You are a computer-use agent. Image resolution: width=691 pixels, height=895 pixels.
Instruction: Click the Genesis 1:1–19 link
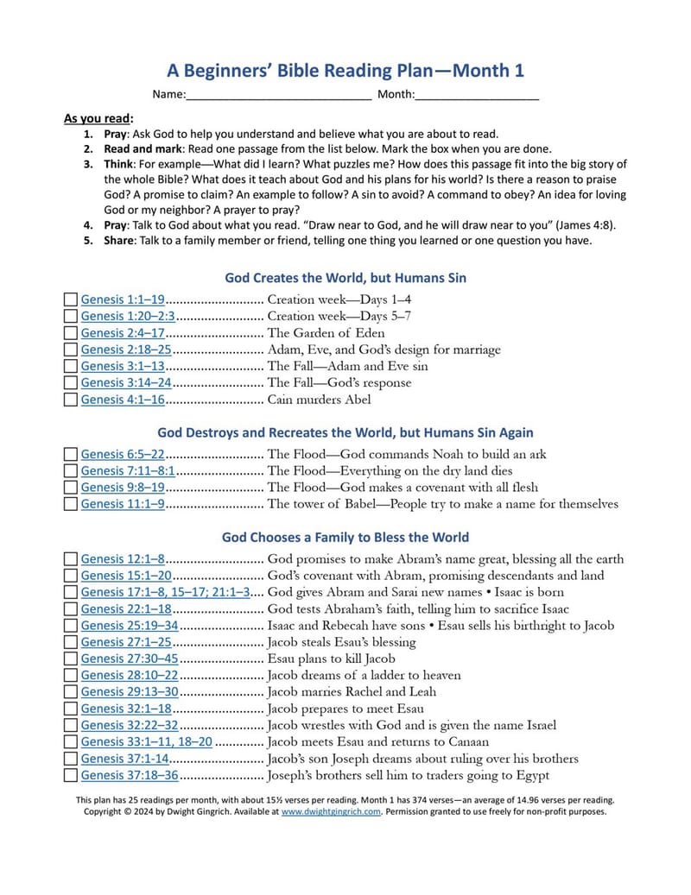[123, 299]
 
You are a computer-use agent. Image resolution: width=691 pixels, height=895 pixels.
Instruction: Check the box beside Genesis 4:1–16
[71, 400]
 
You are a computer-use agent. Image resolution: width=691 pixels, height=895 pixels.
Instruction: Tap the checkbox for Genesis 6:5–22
[71, 454]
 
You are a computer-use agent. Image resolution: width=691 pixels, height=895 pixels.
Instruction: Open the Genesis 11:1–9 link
[123, 504]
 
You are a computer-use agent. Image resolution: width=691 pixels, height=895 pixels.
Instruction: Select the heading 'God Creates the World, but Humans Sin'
[345, 278]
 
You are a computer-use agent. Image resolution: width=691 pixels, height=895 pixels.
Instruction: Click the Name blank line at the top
[278, 94]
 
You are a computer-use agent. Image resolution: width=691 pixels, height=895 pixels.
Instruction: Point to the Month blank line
[477, 94]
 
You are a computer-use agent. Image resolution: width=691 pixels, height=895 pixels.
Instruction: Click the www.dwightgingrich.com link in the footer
[331, 811]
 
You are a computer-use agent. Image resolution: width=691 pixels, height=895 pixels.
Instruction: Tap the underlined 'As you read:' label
[98, 118]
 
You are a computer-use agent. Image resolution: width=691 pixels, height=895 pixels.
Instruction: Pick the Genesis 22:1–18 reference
[126, 608]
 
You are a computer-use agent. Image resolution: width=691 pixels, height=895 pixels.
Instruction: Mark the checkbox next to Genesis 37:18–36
[71, 776]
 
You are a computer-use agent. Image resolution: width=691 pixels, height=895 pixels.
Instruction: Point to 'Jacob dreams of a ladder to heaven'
[365, 675]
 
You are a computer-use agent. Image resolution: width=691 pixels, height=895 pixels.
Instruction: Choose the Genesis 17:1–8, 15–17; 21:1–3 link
[166, 592]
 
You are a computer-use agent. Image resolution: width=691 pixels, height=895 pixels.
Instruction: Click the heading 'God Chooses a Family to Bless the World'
[345, 537]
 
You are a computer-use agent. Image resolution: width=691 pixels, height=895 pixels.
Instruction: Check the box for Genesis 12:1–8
[71, 559]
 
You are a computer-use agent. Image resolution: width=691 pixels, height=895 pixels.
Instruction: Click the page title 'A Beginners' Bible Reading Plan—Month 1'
[345, 71]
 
